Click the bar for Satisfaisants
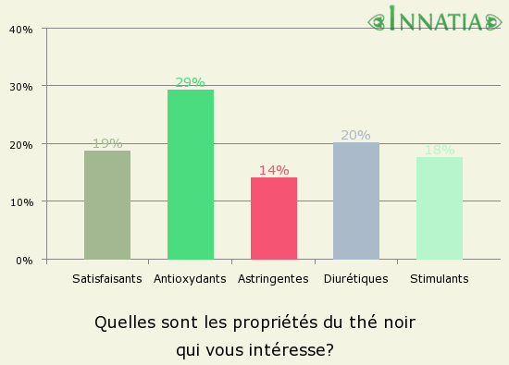107,205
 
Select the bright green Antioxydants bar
191,175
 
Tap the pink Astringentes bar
274,218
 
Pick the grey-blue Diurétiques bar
356,201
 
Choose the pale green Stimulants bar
440,208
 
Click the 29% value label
191,82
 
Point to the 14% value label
274,170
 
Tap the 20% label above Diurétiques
355,135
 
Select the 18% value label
440,150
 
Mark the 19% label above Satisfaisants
107,143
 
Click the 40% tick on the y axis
21,29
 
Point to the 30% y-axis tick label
21,86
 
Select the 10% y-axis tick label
21,201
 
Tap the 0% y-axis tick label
24,260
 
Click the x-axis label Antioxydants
191,278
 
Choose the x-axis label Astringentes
273,278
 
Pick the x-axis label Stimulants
439,278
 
